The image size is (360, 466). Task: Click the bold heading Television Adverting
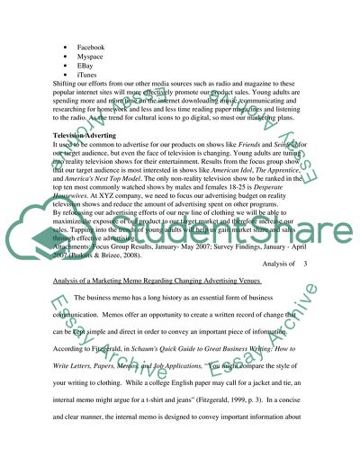(x=91, y=135)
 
